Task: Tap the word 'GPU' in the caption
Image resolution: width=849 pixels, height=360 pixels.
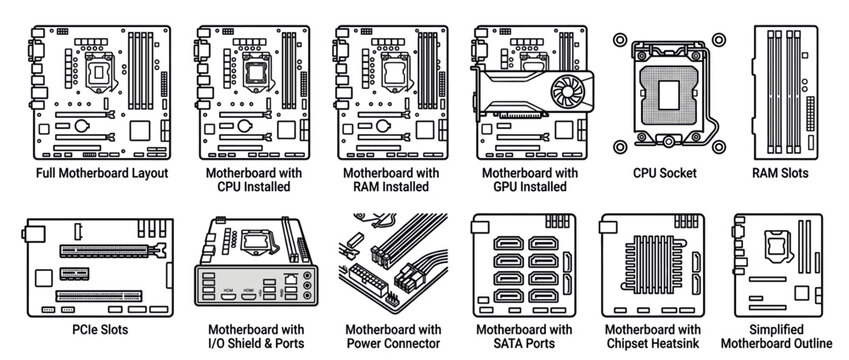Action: [502, 187]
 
